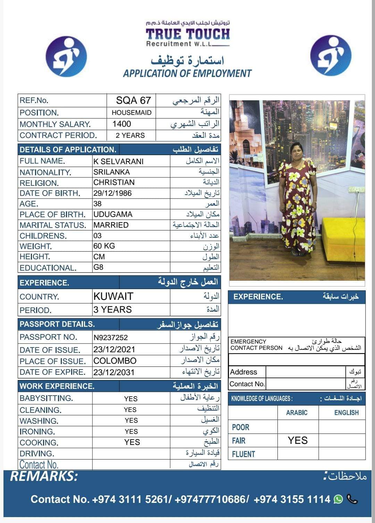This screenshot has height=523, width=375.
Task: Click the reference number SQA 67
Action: pos(133,100)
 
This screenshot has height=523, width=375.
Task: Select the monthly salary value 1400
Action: pos(122,124)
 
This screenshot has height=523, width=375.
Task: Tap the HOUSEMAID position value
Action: pos(132,112)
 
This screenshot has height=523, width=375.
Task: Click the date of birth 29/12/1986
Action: pos(112,193)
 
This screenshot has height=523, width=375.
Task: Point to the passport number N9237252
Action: pos(110,337)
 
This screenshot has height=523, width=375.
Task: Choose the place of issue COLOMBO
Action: pos(115,361)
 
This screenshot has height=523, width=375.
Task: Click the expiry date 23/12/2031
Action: pos(114,372)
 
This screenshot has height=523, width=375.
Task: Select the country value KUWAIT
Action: pos(113,296)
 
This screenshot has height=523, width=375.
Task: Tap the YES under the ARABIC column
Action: pos(298,440)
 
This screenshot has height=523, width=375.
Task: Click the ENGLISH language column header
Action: pos(346,413)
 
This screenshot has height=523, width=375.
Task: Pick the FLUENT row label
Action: pos(243,454)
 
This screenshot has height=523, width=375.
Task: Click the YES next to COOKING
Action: pos(132,442)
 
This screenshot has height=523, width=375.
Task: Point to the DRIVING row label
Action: pos(37,454)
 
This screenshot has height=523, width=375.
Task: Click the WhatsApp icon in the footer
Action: pos(338,499)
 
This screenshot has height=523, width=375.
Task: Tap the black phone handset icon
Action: pos(352,499)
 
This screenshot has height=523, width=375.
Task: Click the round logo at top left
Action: pos(66,57)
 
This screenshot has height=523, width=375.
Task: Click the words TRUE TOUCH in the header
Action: pos(188,34)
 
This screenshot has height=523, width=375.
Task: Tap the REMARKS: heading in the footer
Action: pos(44,476)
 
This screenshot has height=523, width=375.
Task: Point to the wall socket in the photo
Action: pos(357,190)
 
